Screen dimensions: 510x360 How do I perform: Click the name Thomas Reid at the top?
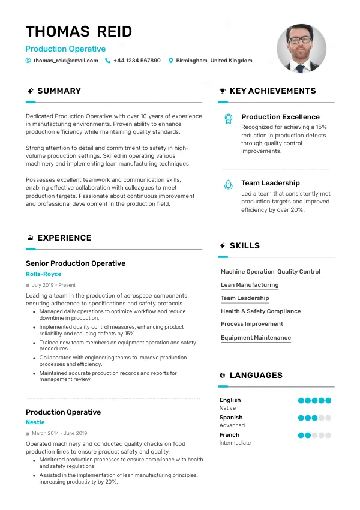[79, 31]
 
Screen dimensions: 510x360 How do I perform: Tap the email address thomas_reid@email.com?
[65, 61]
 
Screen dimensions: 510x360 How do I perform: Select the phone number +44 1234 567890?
[137, 61]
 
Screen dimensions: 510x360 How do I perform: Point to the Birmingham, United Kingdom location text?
[214, 61]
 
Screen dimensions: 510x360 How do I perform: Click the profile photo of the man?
[301, 48]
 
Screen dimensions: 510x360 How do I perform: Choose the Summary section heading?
[59, 91]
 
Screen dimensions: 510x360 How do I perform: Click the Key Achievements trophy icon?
[223, 91]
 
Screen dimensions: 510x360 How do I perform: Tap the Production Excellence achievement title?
[280, 117]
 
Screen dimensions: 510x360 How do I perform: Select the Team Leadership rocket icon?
[228, 185]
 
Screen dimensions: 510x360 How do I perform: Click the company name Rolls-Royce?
[43, 274]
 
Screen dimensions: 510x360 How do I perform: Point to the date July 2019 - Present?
[53, 285]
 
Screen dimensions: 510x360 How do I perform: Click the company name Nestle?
[35, 422]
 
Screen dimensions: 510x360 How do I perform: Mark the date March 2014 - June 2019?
[59, 433]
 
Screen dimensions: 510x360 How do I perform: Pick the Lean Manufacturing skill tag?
[250, 285]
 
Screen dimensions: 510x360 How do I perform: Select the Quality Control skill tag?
[299, 272]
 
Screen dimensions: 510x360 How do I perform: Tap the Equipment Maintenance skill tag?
[256, 338]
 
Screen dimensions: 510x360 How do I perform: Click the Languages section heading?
[256, 376]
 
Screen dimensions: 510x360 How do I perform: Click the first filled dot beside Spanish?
[301, 418]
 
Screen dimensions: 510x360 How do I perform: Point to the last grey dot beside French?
[328, 435]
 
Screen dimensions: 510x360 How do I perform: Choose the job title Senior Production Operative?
[76, 263]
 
